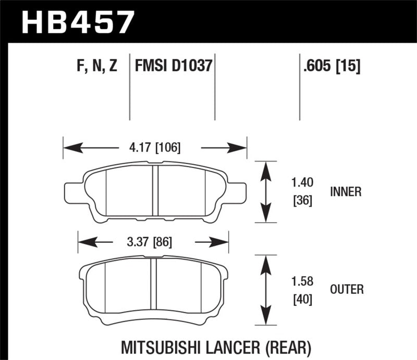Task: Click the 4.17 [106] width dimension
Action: pyautogui.click(x=154, y=148)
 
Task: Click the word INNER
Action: pyautogui.click(x=346, y=192)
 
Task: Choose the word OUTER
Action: pyautogui.click(x=347, y=289)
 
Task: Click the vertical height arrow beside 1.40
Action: pyautogui.click(x=266, y=191)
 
